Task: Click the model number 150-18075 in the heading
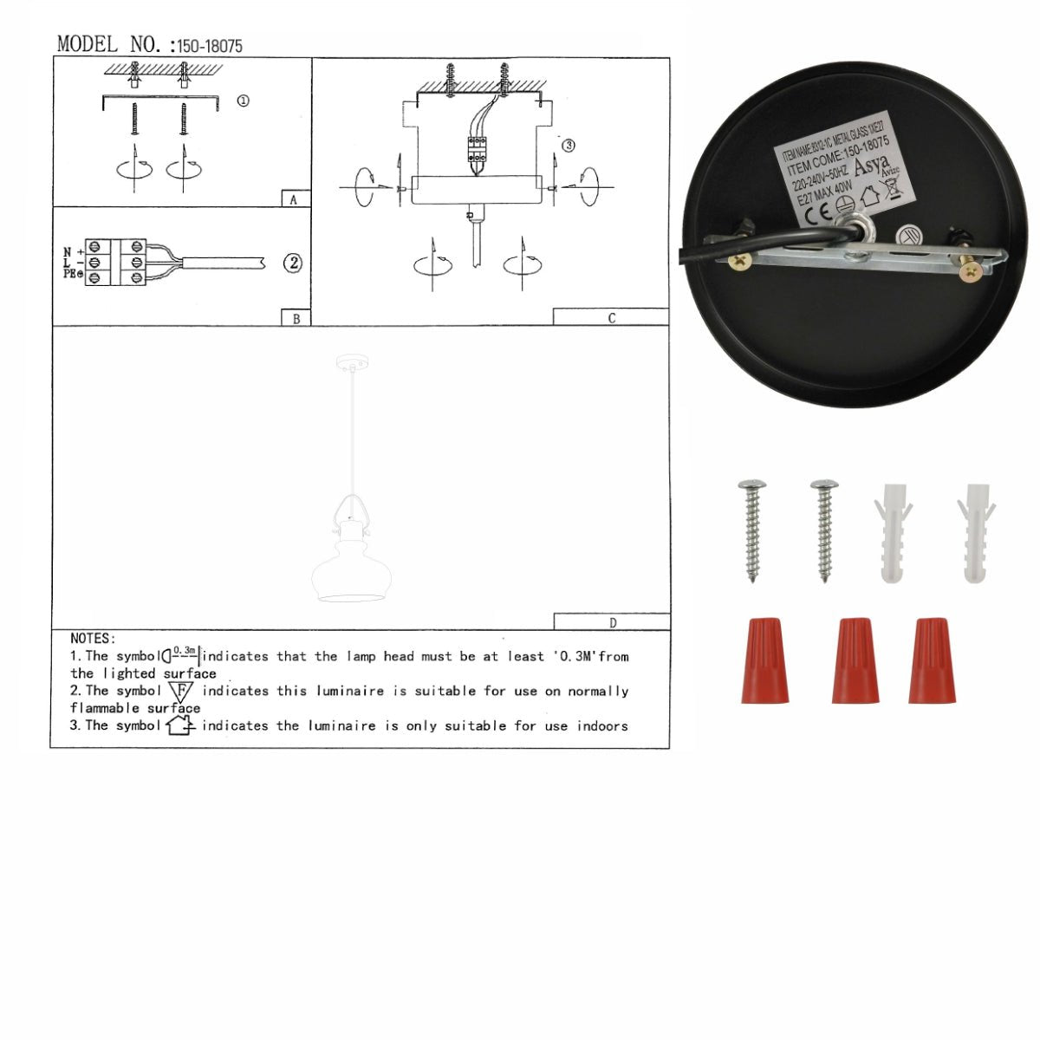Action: coord(210,46)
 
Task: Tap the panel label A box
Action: coord(295,198)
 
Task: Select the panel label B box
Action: coord(296,318)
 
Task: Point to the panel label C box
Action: coord(611,317)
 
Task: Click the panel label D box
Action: coord(612,621)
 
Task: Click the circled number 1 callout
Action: coord(244,101)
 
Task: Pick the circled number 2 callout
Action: coord(293,263)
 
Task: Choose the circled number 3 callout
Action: coord(568,146)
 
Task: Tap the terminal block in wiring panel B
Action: coord(115,263)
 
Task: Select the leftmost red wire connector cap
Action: coord(765,660)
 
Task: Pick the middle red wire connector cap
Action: coord(855,660)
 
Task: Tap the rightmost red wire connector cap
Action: coord(933,660)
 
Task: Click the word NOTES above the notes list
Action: coord(92,639)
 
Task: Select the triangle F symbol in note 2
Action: coord(181,692)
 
